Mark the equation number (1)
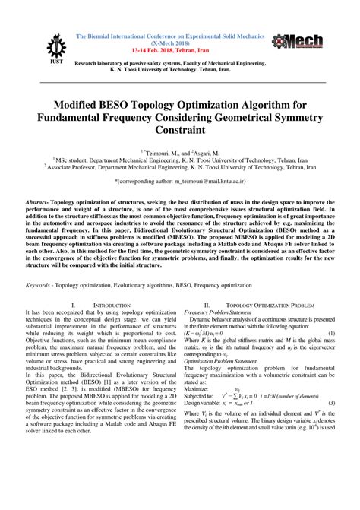click(332, 356)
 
